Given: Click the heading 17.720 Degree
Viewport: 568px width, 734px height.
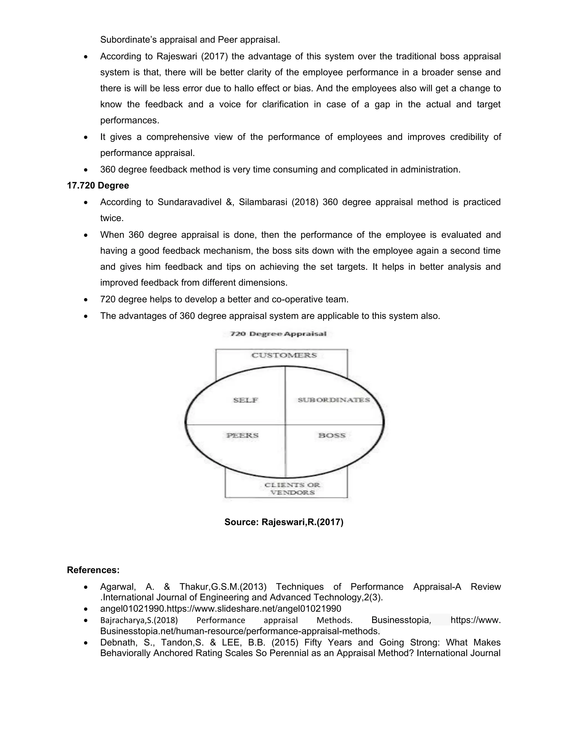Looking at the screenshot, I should pos(98,186).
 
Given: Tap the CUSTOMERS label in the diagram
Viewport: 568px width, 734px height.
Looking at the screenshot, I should pos(284,355).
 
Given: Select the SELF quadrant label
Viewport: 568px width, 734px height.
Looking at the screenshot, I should pos(245,400).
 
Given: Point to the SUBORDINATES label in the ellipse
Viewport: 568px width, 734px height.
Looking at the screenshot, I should pos(333,400).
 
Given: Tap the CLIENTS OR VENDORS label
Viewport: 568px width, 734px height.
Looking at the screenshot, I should pos(292,489).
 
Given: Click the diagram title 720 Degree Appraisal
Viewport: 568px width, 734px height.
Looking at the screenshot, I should pos(278,334).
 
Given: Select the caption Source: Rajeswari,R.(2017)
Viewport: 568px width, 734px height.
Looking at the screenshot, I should pos(284,522).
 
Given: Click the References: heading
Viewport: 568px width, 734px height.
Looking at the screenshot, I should pos(93,570).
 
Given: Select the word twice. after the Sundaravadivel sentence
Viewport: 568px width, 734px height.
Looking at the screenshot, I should pos(112,218).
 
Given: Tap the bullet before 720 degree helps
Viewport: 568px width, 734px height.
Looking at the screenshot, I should pos(86,299).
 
